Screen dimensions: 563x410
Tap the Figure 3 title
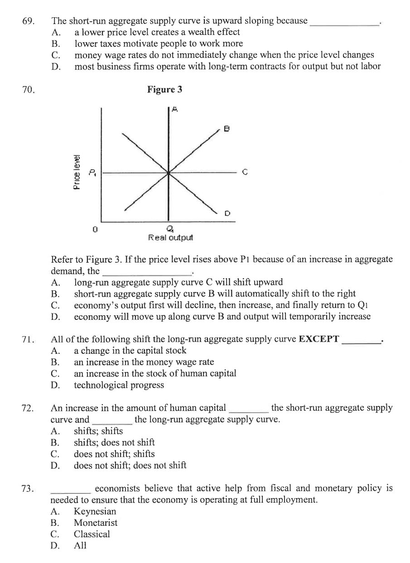[165, 90]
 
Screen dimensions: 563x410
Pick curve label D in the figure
[227, 212]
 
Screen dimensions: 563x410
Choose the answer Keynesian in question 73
[95, 511]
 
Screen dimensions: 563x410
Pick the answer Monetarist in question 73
[96, 523]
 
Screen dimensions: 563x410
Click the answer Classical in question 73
[92, 534]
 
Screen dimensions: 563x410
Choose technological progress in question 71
[119, 386]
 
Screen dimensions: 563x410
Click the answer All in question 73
[80, 545]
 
